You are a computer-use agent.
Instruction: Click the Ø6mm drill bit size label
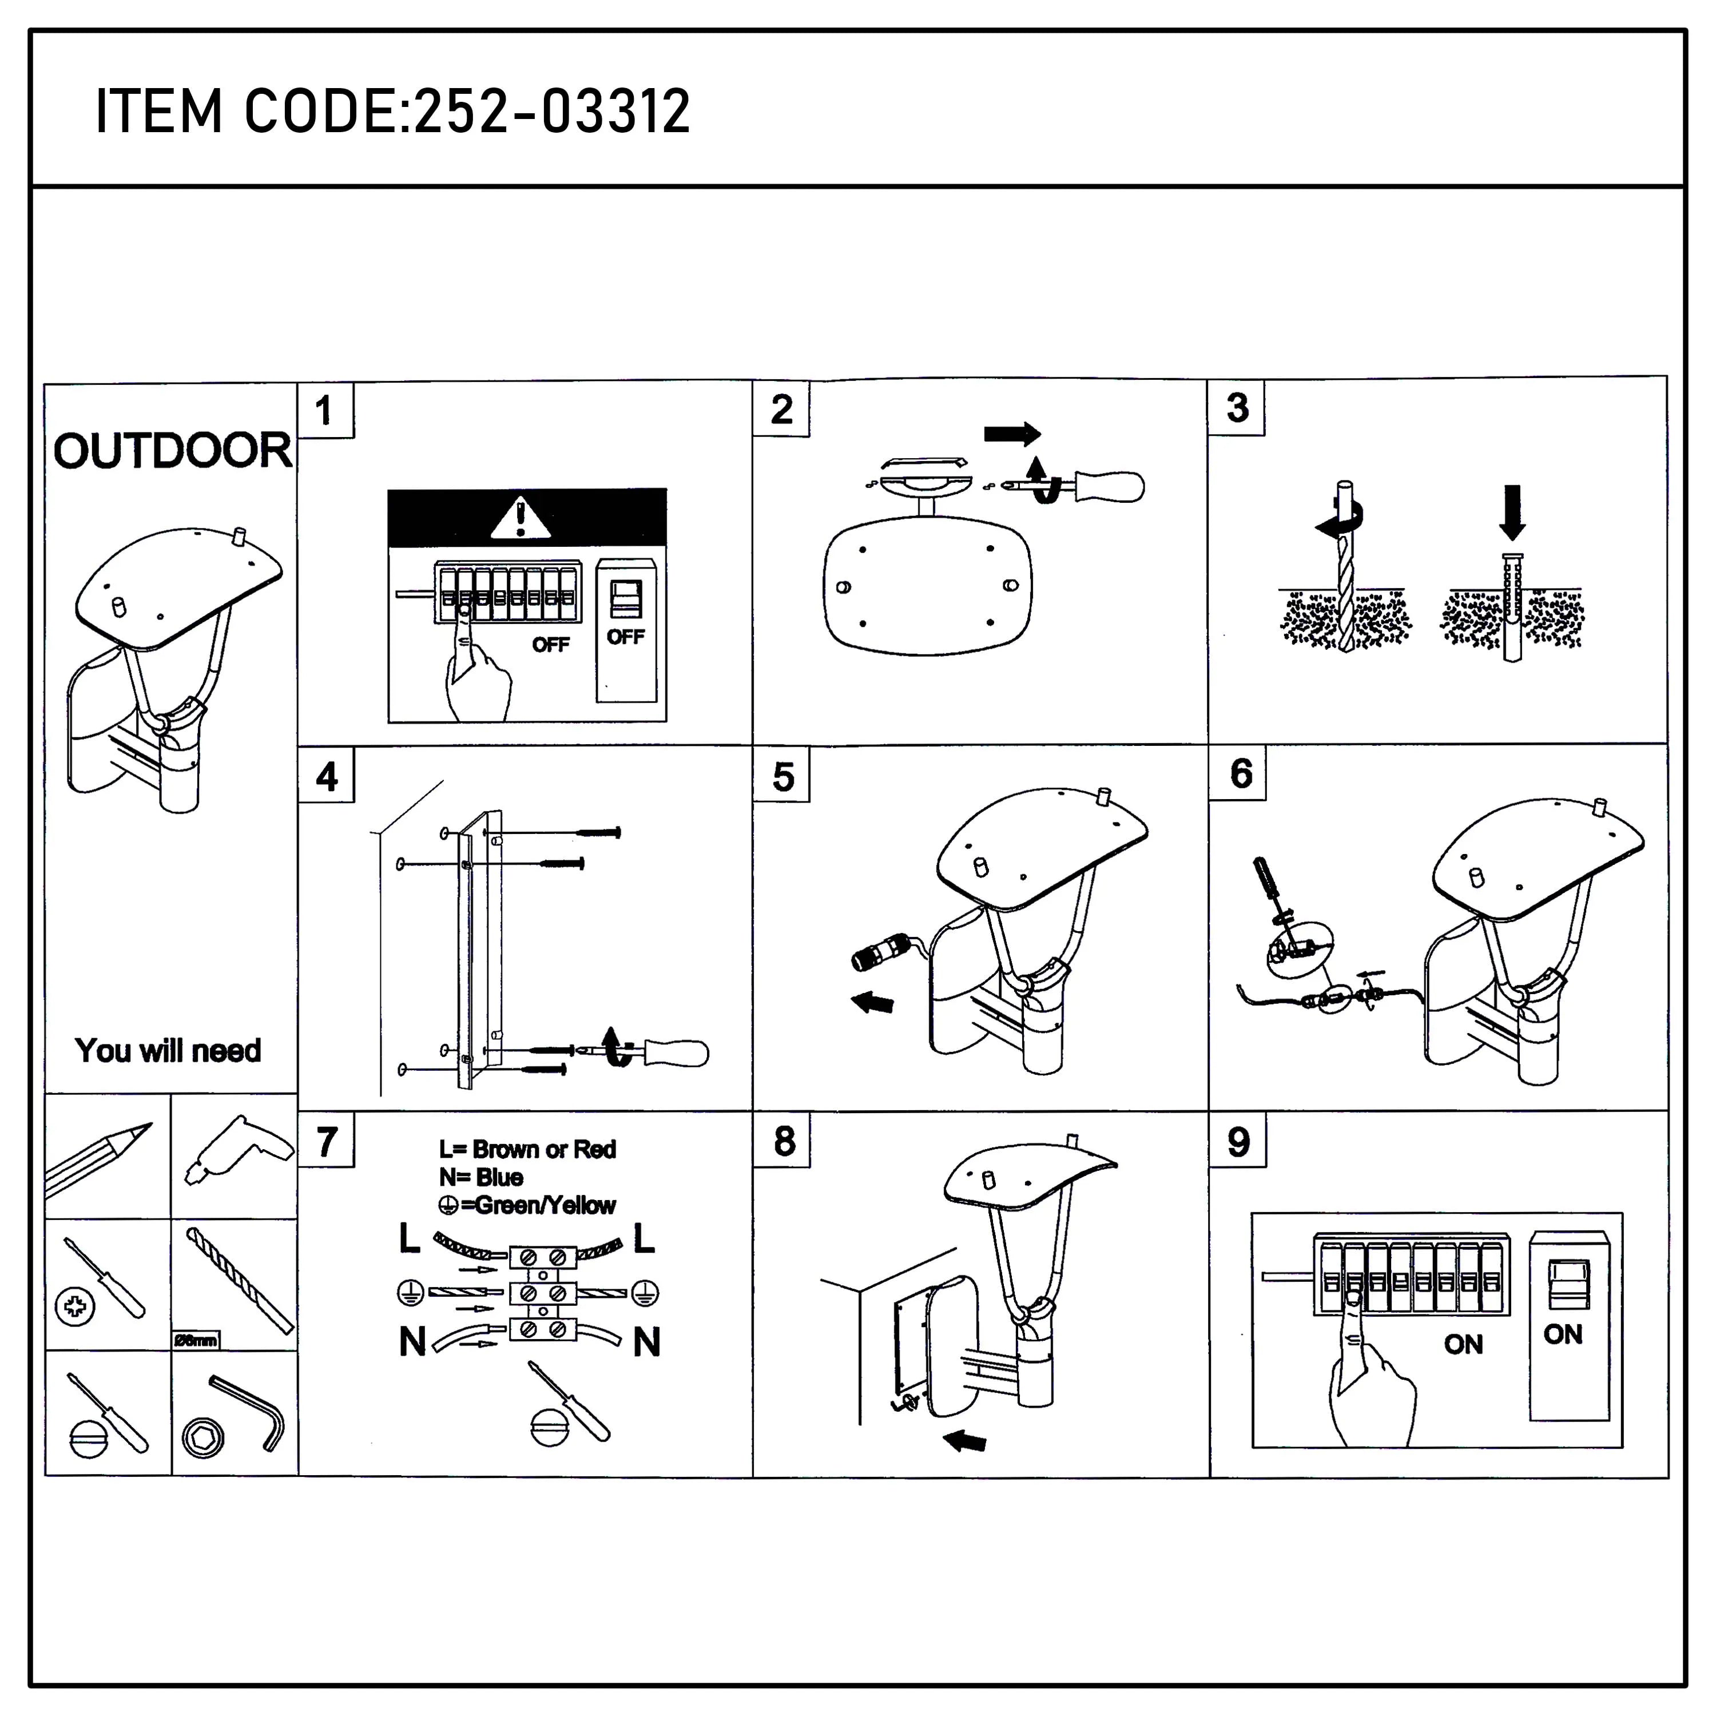(196, 1340)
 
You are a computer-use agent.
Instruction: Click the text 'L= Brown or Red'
(527, 1149)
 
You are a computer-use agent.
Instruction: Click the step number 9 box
(1238, 1141)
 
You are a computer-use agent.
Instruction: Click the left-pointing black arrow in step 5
(873, 1003)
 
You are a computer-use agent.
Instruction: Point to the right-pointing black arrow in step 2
(1012, 434)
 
